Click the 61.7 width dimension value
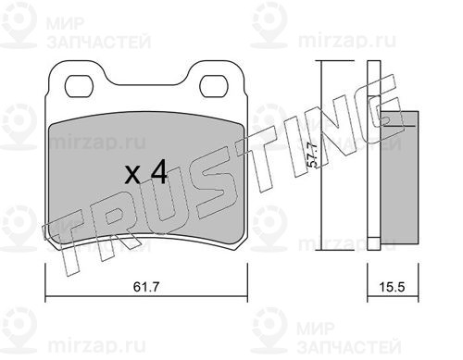pos(146,287)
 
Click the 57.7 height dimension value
pos(313,155)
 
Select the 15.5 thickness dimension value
pos(392,287)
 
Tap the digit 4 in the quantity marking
pos(158,173)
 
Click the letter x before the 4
pos(132,176)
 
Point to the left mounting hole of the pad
pos(79,87)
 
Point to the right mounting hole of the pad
pos(214,87)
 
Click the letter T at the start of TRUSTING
pos(67,243)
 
